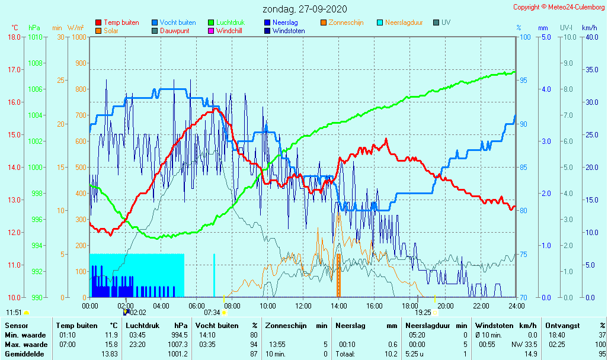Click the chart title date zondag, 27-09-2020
coord(305,9)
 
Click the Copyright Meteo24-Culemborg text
coord(559,7)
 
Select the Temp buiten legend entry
coord(121,22)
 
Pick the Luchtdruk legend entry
coord(231,22)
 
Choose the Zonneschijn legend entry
coord(345,22)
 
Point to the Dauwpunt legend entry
coord(175,31)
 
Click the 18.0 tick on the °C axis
coord(15,37)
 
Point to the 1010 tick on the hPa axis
coord(35,37)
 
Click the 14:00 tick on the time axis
coord(338,306)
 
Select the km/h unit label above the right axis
coord(589,28)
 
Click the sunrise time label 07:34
coord(212,312)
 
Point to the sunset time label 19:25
coord(423,312)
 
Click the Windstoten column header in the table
coord(495,326)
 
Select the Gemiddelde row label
coord(25,353)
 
